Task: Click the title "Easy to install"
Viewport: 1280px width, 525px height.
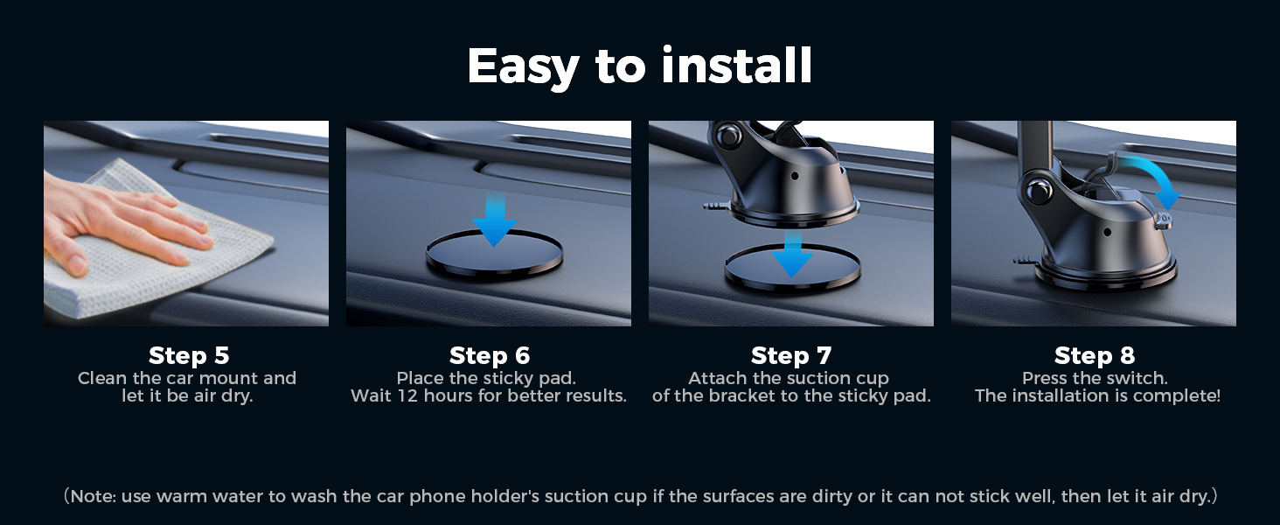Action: tap(640, 66)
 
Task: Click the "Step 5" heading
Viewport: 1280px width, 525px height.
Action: tap(188, 355)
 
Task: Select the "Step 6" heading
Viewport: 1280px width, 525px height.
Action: tap(489, 355)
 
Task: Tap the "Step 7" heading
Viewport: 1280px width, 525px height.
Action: tap(790, 355)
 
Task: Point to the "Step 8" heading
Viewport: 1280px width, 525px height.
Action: tap(1094, 355)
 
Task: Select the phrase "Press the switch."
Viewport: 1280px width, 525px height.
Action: tap(1095, 379)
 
